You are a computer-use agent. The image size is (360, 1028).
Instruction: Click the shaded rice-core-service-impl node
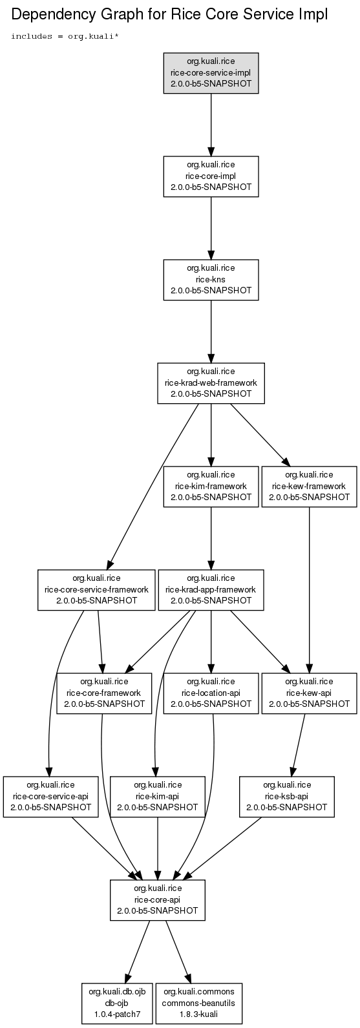211,73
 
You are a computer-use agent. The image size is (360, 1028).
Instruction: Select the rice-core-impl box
211,176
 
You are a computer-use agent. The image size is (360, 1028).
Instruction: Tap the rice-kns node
211,280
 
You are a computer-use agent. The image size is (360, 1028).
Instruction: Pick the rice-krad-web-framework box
211,383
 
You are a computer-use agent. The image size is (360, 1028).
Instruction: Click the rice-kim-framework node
211,486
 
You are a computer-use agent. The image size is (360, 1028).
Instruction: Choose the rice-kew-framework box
309,486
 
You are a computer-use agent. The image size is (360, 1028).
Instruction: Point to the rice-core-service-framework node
96,589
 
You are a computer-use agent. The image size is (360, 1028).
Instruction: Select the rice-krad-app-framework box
211,589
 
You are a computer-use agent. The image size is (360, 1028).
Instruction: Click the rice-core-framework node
104,693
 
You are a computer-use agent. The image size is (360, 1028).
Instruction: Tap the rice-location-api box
211,693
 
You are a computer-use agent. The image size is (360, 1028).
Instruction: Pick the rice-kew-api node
309,693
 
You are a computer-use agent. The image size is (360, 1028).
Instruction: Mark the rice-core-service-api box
50,796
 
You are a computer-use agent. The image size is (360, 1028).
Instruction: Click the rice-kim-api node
158,796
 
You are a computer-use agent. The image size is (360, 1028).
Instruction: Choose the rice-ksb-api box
286,796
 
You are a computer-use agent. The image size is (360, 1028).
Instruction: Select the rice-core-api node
158,899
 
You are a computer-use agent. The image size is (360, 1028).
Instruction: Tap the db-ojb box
117,1002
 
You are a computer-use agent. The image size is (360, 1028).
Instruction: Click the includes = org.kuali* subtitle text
65,36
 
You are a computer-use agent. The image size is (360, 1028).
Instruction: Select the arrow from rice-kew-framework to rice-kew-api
309,589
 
